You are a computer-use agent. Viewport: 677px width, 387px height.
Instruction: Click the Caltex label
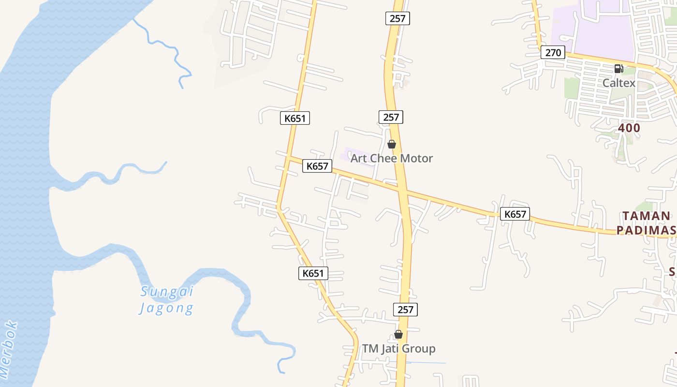click(x=618, y=83)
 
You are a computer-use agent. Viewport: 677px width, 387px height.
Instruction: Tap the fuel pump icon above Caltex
click(x=618, y=69)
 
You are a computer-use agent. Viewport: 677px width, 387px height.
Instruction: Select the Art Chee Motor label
click(x=391, y=158)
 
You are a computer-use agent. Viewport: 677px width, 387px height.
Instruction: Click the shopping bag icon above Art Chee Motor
click(x=392, y=144)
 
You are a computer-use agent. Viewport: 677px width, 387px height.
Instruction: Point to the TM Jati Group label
click(x=399, y=348)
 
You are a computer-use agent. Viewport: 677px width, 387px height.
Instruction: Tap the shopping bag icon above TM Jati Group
click(x=398, y=334)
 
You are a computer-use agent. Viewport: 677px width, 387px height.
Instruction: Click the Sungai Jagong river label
click(x=167, y=299)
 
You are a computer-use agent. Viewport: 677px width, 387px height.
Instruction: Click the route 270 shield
click(x=553, y=52)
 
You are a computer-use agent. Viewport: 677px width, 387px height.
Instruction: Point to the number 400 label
click(x=629, y=128)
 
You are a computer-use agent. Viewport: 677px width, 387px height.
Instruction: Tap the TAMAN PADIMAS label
click(x=647, y=223)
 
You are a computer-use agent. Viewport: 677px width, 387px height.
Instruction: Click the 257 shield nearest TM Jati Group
click(x=405, y=310)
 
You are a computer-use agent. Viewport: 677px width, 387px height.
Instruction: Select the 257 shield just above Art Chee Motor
click(x=391, y=117)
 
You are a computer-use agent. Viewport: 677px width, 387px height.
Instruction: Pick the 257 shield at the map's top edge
click(x=398, y=19)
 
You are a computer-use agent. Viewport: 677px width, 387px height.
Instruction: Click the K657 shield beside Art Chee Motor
click(x=317, y=166)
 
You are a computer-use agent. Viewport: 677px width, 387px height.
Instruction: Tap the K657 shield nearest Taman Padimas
click(x=515, y=214)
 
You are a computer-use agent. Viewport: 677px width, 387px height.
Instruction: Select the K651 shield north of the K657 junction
click(x=295, y=118)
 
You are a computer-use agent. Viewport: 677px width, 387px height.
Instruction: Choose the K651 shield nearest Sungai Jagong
click(x=313, y=273)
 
